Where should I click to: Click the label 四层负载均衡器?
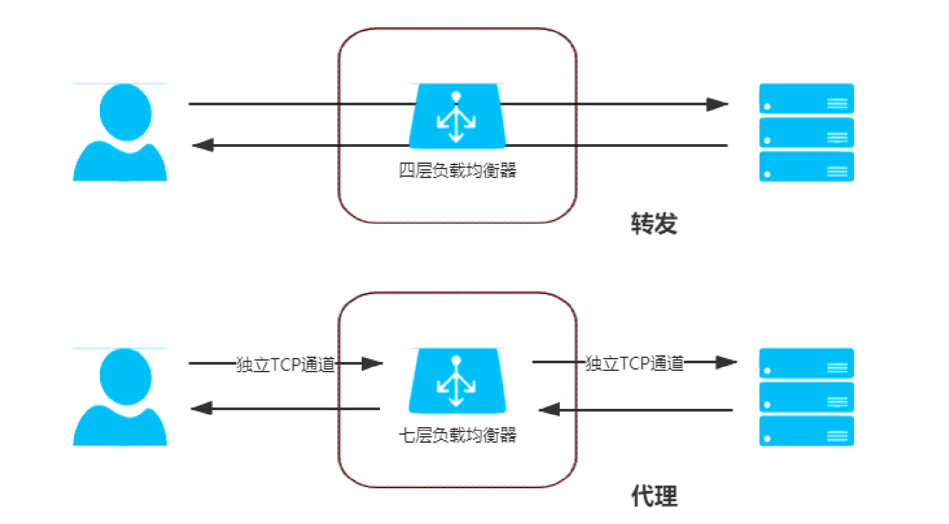click(457, 171)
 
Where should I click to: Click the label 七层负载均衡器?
click(457, 435)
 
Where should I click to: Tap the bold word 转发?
click(654, 224)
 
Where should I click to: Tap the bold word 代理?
click(654, 496)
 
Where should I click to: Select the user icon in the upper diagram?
click(120, 133)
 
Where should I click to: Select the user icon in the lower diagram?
click(120, 397)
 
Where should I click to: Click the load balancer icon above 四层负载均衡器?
click(457, 116)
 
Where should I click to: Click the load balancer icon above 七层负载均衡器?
click(457, 381)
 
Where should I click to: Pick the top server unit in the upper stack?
click(806, 99)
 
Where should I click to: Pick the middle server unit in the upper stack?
click(806, 133)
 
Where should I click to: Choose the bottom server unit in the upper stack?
click(806, 166)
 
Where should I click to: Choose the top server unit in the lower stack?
click(806, 363)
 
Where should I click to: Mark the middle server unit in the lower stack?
click(806, 397)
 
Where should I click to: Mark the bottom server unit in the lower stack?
click(806, 431)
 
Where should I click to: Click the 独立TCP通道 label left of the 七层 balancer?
click(285, 364)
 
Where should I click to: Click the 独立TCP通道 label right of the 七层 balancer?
click(634, 363)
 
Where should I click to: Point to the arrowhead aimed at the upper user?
click(203, 145)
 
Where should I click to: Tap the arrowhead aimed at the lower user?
click(202, 408)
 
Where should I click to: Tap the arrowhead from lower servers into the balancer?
click(549, 409)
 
